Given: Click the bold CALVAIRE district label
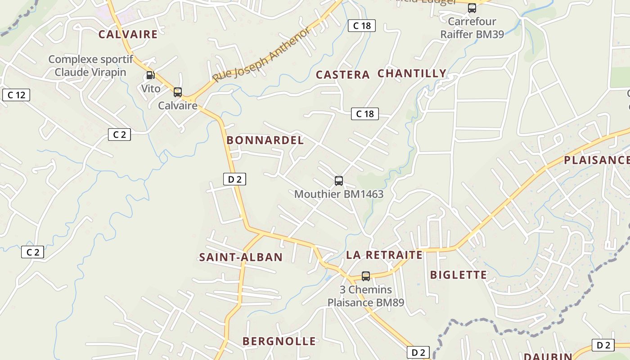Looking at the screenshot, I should tap(128, 34).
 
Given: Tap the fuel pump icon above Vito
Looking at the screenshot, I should tap(150, 75).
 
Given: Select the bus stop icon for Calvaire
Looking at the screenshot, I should tap(178, 92).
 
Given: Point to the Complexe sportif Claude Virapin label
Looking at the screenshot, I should tap(90, 66).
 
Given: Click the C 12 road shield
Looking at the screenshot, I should tap(16, 95).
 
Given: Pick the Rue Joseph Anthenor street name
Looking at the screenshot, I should tap(261, 55).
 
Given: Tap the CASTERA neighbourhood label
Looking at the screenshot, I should tap(342, 75).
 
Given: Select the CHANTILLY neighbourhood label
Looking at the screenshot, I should tap(412, 73).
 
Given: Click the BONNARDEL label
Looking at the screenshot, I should tap(265, 140).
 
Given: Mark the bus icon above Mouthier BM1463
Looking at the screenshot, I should tap(339, 181).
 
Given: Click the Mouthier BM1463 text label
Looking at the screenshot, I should tap(339, 194).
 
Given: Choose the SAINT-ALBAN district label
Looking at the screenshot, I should tap(241, 257).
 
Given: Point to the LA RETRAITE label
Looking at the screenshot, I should tap(384, 255).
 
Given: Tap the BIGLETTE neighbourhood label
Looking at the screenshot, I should tap(458, 274).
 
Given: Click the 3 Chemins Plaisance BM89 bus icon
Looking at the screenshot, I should tap(366, 276).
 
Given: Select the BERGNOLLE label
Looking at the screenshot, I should tap(279, 341).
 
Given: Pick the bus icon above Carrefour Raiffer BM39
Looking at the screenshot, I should tap(472, 8).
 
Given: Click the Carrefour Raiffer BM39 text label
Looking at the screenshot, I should tap(472, 28).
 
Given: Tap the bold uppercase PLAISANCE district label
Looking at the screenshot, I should tap(596, 160).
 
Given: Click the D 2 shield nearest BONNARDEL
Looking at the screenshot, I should tap(234, 179).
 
